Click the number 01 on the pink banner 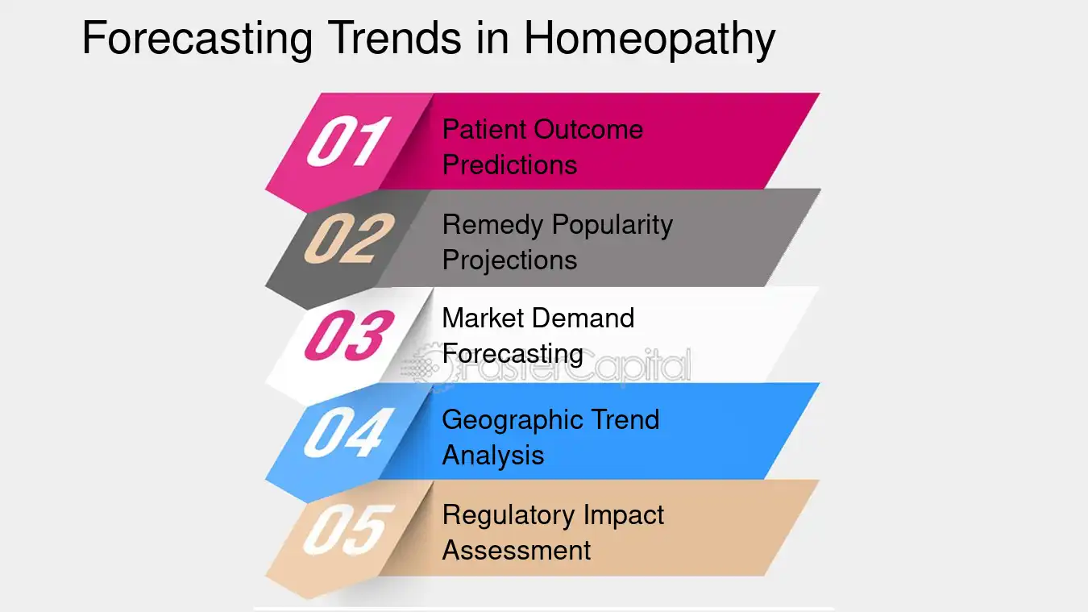348,142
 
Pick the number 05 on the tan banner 348,529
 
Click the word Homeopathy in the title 649,39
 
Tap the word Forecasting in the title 197,39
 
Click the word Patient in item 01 480,129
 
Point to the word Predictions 509,164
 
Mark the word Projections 509,260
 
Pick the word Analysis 492,456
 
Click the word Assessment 516,550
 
